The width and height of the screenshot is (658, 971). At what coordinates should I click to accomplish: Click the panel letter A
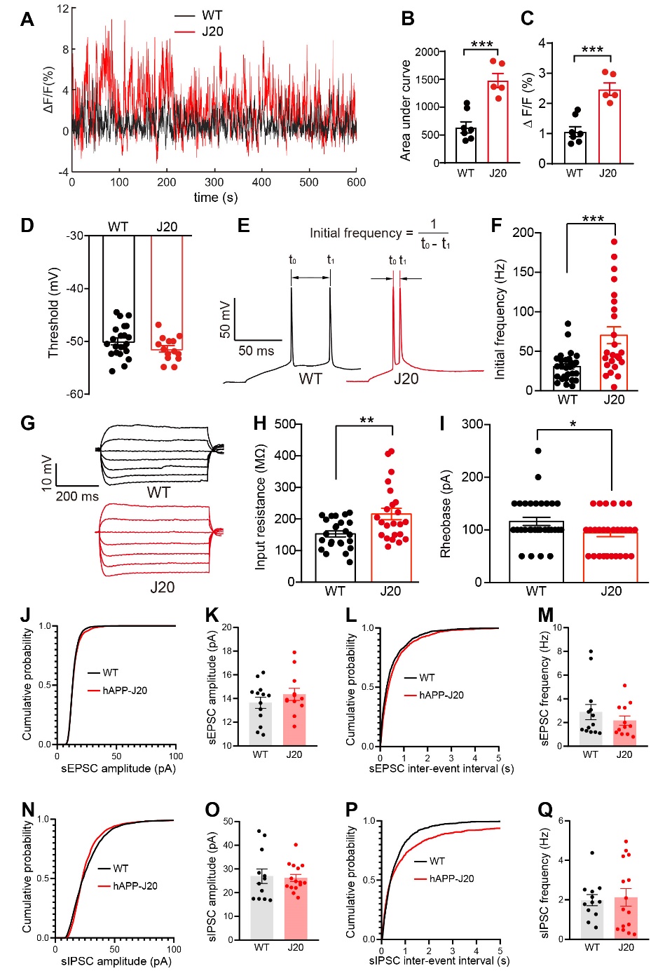[x=27, y=19]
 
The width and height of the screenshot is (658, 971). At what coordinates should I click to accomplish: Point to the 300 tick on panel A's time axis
[x=214, y=182]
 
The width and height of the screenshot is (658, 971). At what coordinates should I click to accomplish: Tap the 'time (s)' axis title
[x=215, y=198]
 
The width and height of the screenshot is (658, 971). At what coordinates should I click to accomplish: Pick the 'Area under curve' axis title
[x=406, y=111]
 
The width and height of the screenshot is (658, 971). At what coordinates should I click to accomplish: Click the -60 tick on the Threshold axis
[x=75, y=394]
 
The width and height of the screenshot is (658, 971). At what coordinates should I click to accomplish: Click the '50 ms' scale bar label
[x=256, y=351]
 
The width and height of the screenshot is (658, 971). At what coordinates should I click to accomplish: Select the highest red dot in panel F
[x=614, y=243]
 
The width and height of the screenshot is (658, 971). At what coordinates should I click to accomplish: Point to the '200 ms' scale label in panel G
[x=77, y=496]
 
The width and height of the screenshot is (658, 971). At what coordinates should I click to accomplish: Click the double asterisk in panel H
[x=366, y=421]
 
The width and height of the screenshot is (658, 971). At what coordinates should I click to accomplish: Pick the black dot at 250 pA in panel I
[x=538, y=451]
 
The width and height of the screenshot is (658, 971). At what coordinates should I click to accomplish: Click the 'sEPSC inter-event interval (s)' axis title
[x=442, y=768]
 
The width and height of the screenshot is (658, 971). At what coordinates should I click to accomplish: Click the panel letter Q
[x=544, y=810]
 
